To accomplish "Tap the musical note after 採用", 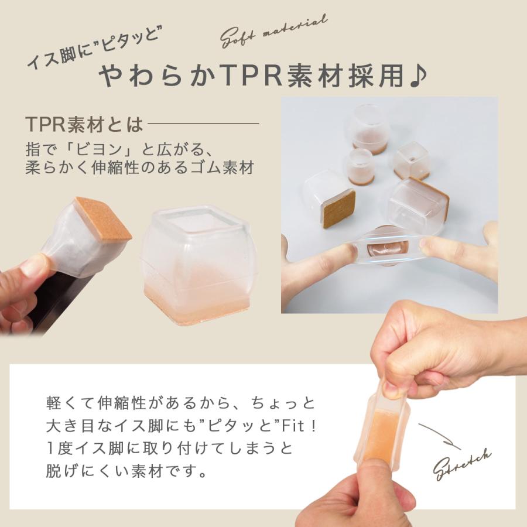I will pos(418,76).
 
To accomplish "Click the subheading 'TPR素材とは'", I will pos(84,124).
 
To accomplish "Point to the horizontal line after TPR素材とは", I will pos(203,124).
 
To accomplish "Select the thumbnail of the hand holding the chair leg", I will pos(64,263).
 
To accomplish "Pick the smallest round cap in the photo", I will pos(360,166).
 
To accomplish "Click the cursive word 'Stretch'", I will pos(463,463).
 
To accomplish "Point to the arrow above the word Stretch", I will pos(440,434).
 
